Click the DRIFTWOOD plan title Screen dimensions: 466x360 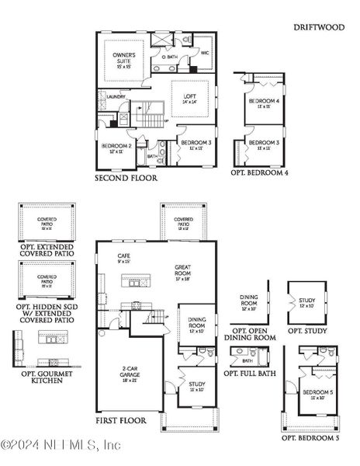[319, 27]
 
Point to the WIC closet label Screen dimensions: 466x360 [205, 54]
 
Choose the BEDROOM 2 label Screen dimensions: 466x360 [114, 145]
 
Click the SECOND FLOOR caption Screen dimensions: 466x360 [126, 178]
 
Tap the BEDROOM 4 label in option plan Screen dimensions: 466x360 [263, 102]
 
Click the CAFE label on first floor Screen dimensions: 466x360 [123, 256]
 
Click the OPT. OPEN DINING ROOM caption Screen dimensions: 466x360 [249, 334]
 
